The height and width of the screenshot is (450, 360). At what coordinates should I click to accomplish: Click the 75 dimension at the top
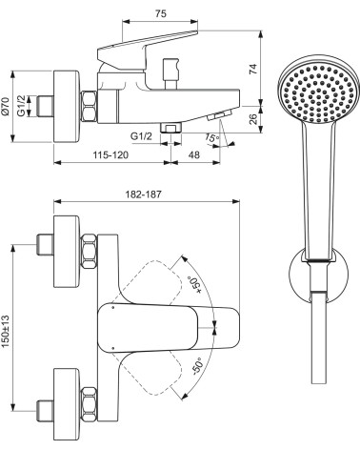[161, 13]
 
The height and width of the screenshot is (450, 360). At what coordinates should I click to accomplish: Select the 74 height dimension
[253, 69]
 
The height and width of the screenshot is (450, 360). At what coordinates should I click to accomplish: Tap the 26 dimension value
[253, 119]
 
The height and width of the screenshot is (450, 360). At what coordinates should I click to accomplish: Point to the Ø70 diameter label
[6, 107]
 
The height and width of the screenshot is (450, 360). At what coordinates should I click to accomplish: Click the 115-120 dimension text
[110, 155]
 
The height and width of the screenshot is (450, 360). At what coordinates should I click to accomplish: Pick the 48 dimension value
[194, 154]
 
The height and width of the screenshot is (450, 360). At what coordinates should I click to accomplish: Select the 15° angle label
[212, 138]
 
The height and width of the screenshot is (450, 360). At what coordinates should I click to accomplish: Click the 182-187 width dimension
[143, 194]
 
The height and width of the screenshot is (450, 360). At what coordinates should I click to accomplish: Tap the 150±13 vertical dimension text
[6, 332]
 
